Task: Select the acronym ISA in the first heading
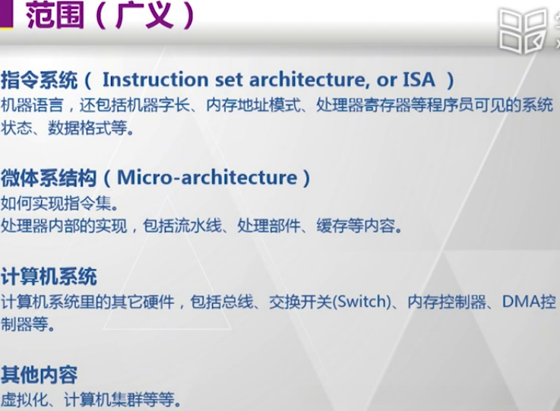pos(419,79)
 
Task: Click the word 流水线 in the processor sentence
pos(204,226)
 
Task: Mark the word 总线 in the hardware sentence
pos(235,302)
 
